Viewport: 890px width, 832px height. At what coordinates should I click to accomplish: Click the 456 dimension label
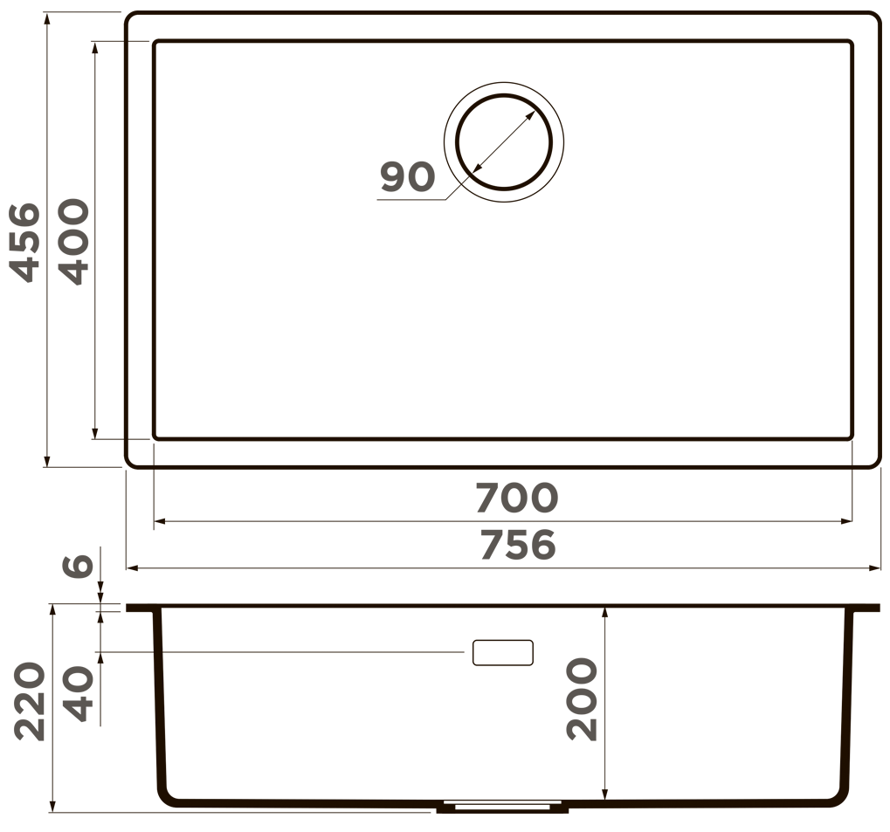coord(25,243)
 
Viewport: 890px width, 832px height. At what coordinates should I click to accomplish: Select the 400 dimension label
coord(73,241)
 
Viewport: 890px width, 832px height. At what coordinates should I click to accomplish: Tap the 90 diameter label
coord(408,176)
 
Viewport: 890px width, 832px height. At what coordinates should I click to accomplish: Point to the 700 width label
coord(517,498)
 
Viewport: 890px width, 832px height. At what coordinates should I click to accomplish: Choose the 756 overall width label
coord(518,545)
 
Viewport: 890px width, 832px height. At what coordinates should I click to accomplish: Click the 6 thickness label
coord(77,565)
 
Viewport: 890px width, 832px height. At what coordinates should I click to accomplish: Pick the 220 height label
coord(29,701)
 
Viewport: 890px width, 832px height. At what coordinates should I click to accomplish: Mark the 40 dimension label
coord(77,693)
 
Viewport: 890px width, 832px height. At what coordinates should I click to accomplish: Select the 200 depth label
coord(582,699)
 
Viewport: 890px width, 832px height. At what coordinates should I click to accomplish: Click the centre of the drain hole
coord(504,142)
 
